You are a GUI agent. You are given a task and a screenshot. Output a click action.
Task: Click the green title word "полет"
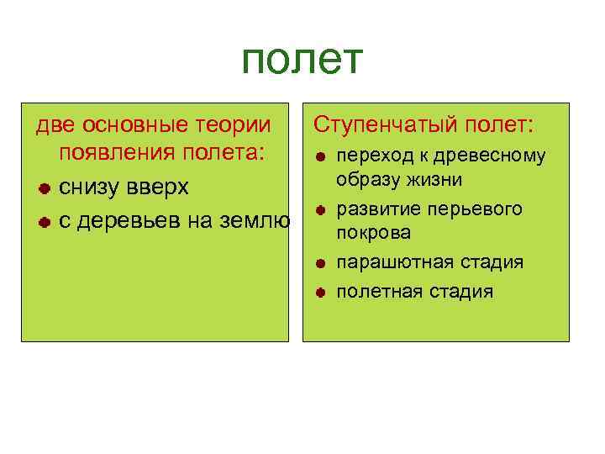pyautogui.click(x=302, y=60)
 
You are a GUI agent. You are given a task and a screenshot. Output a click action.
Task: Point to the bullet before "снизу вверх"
pyautogui.click(x=43, y=187)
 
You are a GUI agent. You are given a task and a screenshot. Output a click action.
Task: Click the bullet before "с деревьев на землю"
pyautogui.click(x=43, y=222)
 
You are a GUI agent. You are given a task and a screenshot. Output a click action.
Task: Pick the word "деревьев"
pyautogui.click(x=123, y=221)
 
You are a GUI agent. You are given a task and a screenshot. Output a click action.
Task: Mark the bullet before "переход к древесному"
pyautogui.click(x=321, y=157)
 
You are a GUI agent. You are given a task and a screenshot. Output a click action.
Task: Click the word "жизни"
pyautogui.click(x=435, y=180)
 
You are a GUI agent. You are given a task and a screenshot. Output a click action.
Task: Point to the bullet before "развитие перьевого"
pyautogui.click(x=321, y=209)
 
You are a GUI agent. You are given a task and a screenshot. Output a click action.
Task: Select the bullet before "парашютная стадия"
pyautogui.click(x=321, y=263)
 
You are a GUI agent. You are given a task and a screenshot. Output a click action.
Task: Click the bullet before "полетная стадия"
pyautogui.click(x=321, y=293)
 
